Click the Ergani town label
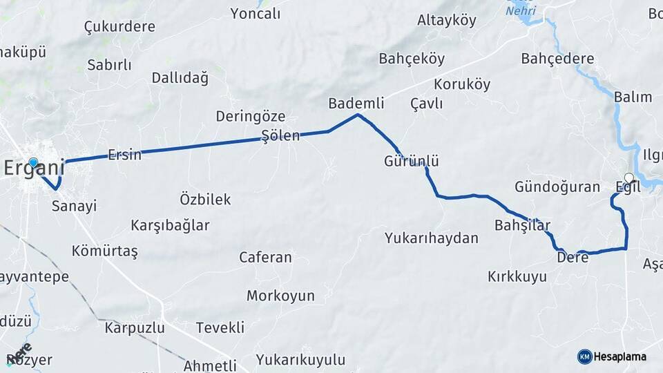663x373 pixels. (x=34, y=168)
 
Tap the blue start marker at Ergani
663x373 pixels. (x=33, y=162)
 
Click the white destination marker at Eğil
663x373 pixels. (x=628, y=177)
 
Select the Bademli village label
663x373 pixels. (x=356, y=103)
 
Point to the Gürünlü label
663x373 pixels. (x=412, y=161)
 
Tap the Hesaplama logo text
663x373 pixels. (x=620, y=356)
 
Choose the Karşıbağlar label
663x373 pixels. (x=170, y=225)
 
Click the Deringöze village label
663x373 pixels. (x=250, y=116)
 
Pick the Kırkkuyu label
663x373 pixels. (x=517, y=276)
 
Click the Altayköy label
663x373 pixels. (x=447, y=20)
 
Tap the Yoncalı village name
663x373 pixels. (x=256, y=14)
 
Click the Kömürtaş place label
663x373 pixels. (x=104, y=251)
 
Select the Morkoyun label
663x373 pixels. (x=280, y=296)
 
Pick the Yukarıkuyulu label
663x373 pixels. (x=300, y=359)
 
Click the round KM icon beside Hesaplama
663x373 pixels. (x=584, y=356)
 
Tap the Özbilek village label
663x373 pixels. (x=205, y=199)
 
